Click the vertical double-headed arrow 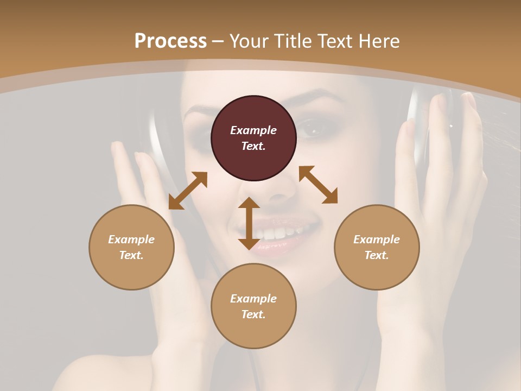(249, 223)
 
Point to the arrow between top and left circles (188, 191)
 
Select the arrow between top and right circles (318, 185)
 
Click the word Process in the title (170, 41)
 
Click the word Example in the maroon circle (253, 130)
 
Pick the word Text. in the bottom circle (253, 314)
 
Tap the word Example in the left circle (131, 239)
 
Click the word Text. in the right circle (377, 255)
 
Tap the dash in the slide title (218, 41)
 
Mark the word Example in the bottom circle (253, 299)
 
